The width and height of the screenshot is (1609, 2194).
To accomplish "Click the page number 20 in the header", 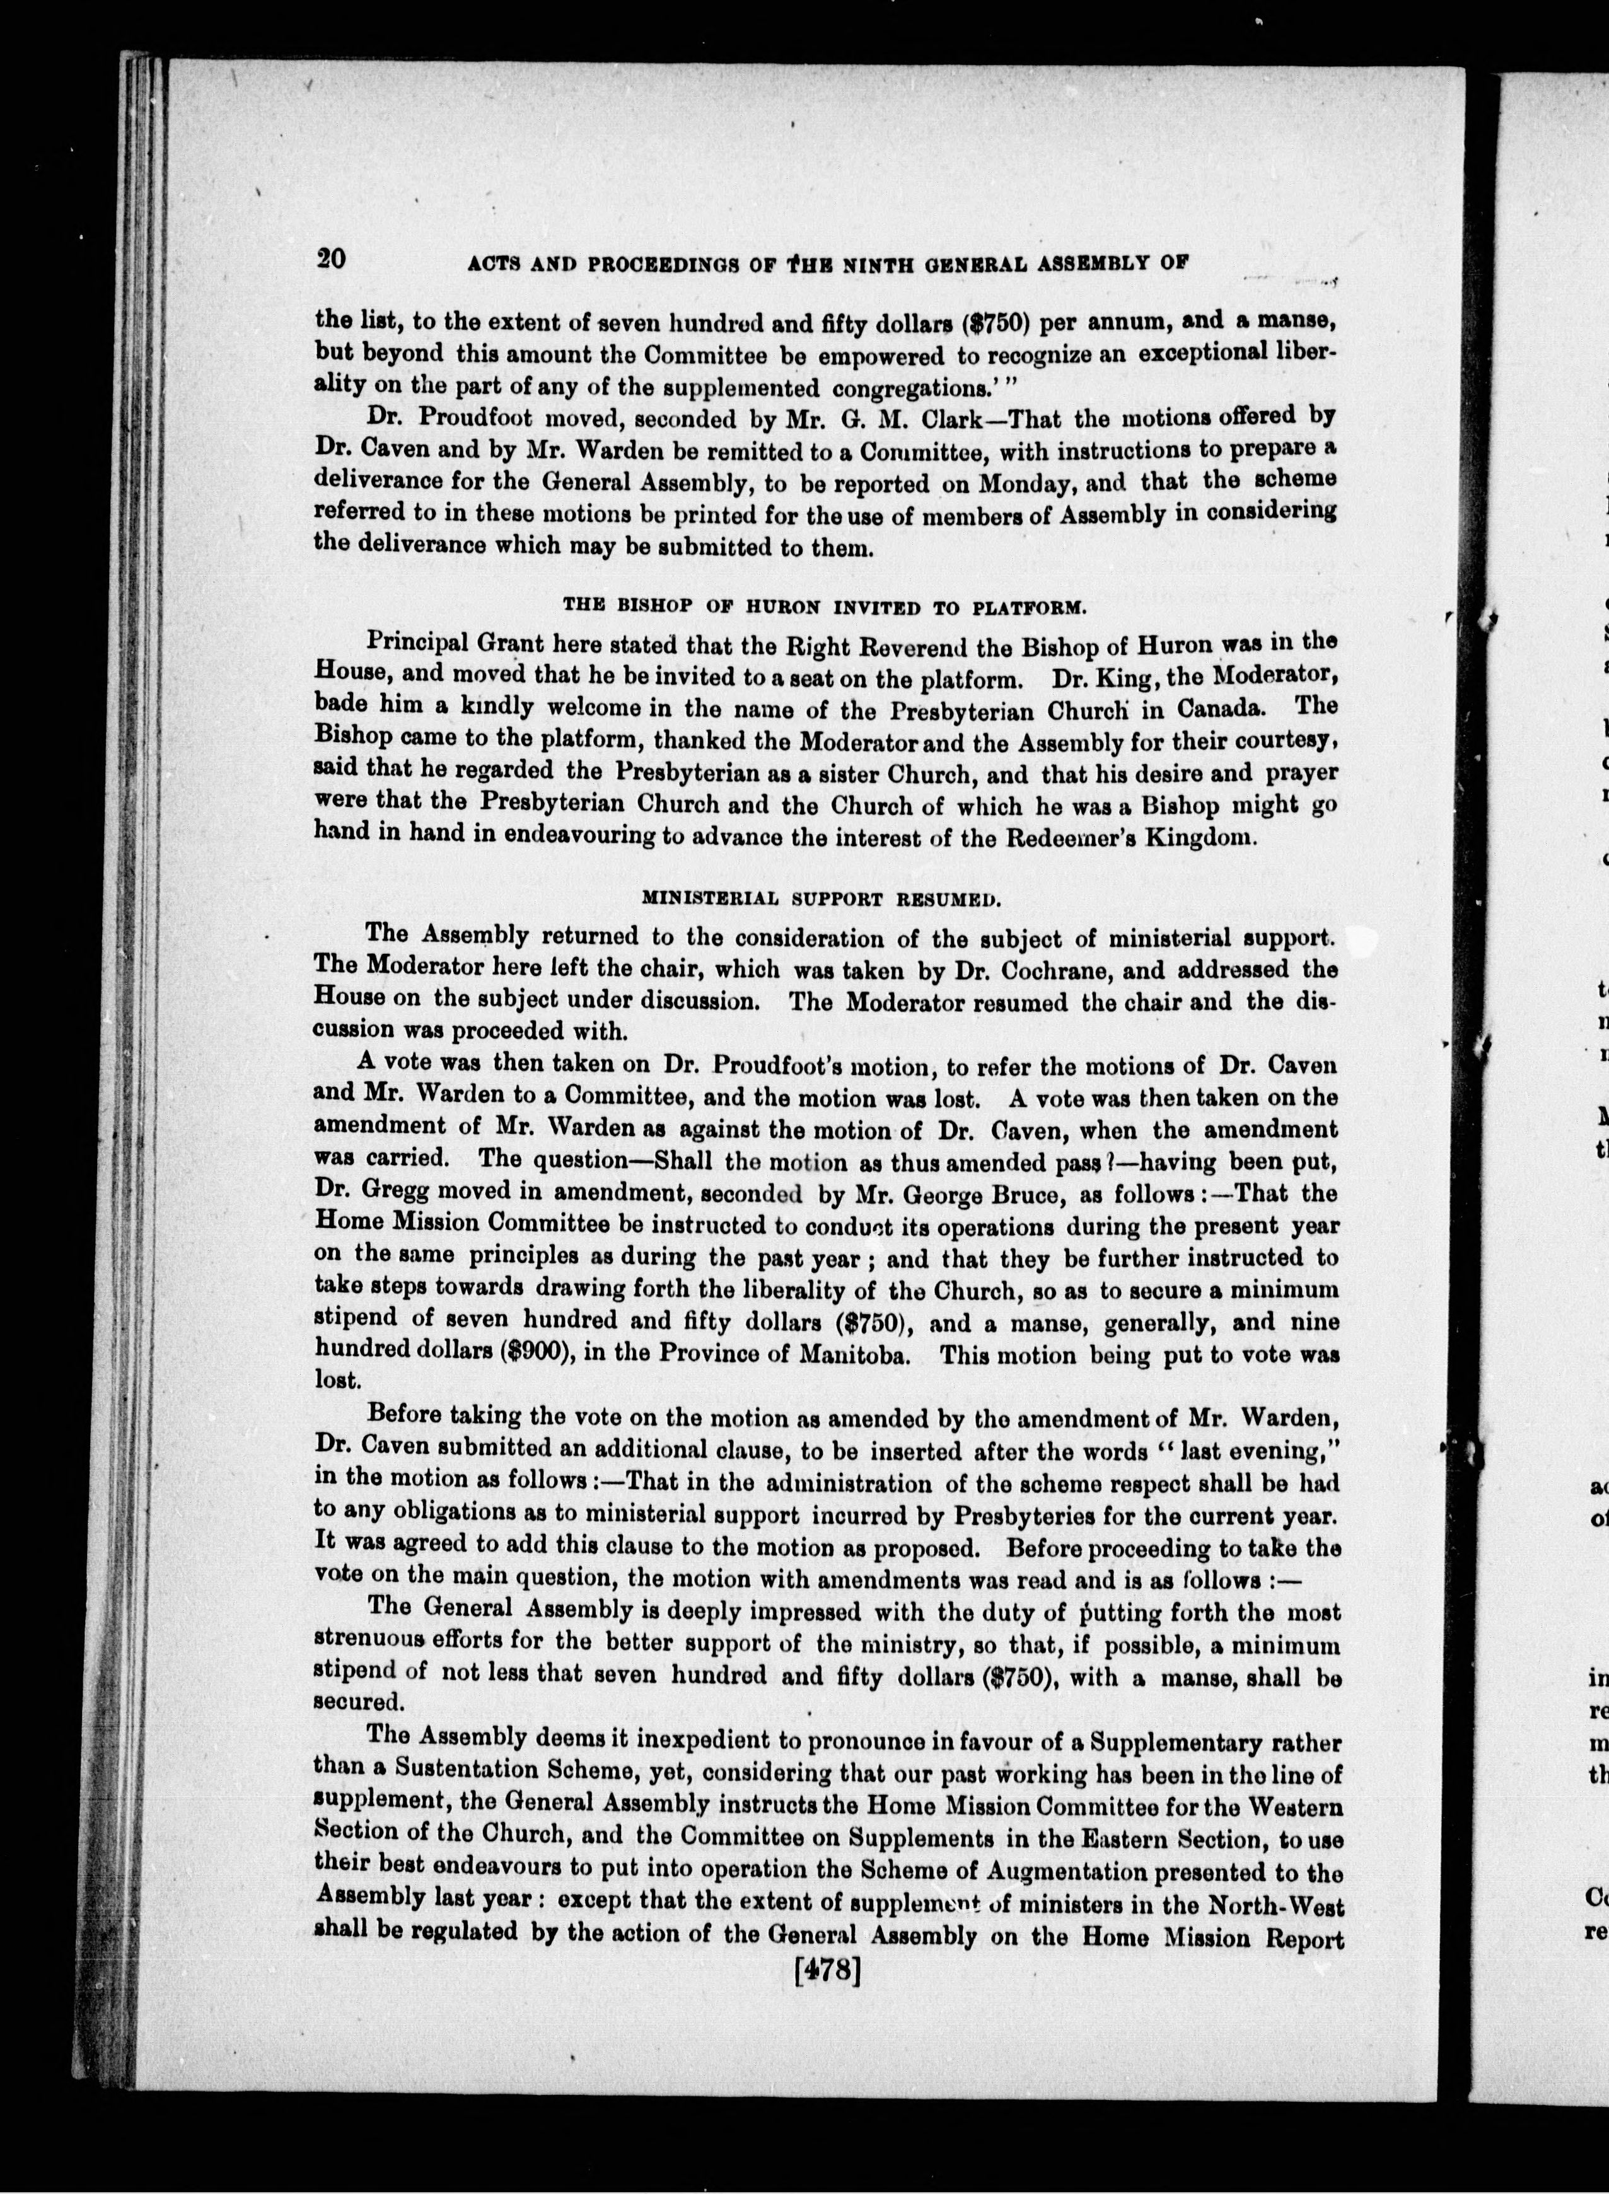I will (330, 259).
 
